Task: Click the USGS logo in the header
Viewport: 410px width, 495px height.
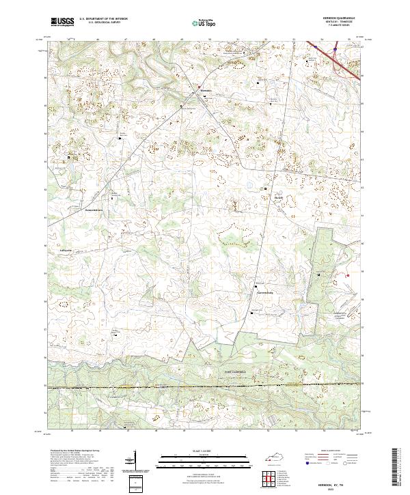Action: point(62,22)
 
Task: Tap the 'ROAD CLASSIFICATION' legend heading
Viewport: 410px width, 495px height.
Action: point(331,451)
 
